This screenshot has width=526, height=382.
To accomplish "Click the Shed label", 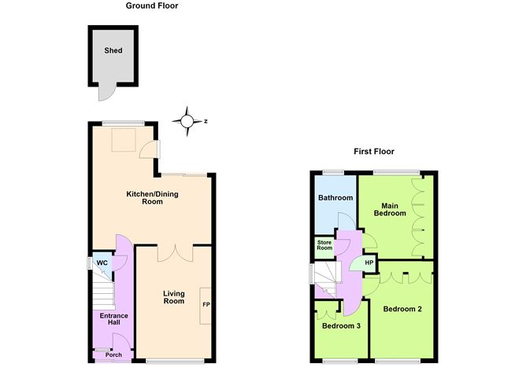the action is coord(113,50).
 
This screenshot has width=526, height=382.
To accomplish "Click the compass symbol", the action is coord(187,121).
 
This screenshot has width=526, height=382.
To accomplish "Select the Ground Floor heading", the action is coord(152,6).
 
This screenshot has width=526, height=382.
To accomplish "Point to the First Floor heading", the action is coord(374,152).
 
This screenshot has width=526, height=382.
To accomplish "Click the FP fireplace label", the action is coord(206,305).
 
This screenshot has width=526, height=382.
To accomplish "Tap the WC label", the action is coord(102,263).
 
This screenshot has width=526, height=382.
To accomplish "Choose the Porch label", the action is coord(113,354).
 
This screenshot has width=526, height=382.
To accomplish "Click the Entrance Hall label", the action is coord(113,319).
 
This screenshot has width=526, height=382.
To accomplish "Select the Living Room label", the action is coord(174,297).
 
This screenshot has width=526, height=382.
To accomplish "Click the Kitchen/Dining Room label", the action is coord(152,197).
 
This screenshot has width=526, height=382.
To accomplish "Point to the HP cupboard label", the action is coord(369,263).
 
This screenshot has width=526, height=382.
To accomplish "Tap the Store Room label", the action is coord(324,245).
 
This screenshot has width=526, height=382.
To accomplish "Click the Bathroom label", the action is coord(335,197).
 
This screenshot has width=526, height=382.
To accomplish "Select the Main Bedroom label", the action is coord(390,210).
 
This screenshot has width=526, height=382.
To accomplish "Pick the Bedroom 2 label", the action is coord(402,309).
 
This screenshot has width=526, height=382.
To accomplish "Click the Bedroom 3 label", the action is coord(341,325).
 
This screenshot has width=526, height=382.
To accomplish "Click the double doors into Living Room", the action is coord(175,253).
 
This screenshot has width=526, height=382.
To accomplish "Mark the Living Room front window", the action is coord(175,362).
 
